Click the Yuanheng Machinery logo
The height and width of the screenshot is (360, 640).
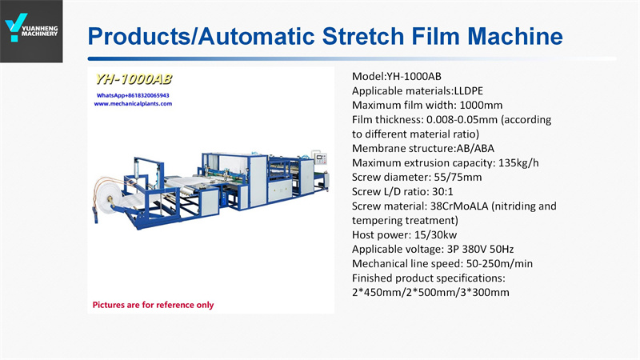click(x=31, y=28)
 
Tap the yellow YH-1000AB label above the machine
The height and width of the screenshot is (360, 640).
click(x=133, y=79)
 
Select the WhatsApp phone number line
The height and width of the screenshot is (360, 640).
click(x=133, y=95)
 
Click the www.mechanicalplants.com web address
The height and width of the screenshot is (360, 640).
click(x=133, y=104)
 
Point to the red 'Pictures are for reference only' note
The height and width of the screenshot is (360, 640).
click(x=153, y=305)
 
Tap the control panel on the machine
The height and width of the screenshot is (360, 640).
click(x=320, y=158)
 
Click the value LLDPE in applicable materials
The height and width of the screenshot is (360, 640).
click(x=469, y=90)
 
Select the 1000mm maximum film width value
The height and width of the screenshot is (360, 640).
click(x=481, y=106)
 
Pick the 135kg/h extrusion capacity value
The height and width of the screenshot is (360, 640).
click(x=518, y=163)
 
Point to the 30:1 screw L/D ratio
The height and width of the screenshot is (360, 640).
click(x=442, y=191)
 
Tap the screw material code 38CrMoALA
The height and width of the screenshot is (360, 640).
click(x=459, y=206)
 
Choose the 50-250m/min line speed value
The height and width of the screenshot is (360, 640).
click(x=499, y=264)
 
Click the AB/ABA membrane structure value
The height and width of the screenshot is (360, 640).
click(x=475, y=148)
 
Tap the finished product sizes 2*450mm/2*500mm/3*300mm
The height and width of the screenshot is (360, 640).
click(x=430, y=292)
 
